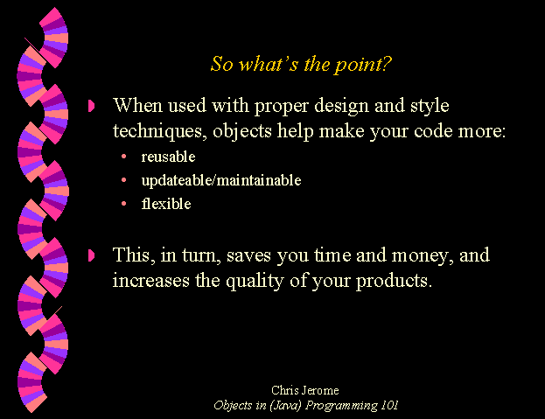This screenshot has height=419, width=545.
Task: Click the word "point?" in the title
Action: click(363, 65)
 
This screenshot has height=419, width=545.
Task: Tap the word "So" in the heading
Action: click(221, 64)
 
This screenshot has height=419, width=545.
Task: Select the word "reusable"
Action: click(168, 157)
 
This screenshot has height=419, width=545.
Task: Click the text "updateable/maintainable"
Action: click(221, 180)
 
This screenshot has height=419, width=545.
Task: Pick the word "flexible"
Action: click(166, 204)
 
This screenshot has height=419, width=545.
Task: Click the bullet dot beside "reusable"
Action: click(123, 157)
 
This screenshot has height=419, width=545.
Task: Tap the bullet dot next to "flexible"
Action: click(123, 204)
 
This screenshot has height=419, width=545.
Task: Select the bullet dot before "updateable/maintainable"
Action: click(123, 180)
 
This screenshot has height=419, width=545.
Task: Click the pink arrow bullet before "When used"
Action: click(91, 106)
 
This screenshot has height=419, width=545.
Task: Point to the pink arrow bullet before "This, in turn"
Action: click(91, 255)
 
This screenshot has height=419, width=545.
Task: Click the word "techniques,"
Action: click(159, 132)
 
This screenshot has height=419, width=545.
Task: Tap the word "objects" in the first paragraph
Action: click(242, 132)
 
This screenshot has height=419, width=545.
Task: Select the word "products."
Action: click(394, 281)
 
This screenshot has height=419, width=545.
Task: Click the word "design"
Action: click(341, 106)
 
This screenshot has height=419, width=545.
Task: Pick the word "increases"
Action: click(150, 281)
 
